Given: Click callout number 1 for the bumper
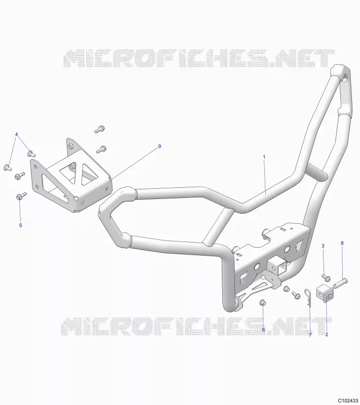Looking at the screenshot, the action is click(x=264, y=157).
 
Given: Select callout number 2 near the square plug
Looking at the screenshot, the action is click(x=327, y=335).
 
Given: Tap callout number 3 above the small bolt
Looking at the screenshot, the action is click(x=323, y=246).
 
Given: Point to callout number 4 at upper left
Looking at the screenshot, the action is click(x=17, y=134).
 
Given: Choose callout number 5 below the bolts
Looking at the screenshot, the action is click(x=21, y=225).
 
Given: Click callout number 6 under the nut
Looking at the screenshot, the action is click(x=263, y=330).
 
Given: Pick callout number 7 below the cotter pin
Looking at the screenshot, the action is click(x=310, y=335).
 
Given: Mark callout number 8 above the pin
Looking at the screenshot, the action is click(x=342, y=243).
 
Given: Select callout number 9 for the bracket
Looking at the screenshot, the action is click(x=159, y=146).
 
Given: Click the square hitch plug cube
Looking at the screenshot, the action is click(x=326, y=294).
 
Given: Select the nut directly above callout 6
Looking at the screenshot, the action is click(x=263, y=302).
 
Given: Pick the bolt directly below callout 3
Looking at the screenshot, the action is click(x=327, y=278).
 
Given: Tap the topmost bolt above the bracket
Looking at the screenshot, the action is click(x=99, y=129).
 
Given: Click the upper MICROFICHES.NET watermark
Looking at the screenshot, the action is click(x=199, y=58).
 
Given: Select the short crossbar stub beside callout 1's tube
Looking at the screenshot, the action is click(x=318, y=172).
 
